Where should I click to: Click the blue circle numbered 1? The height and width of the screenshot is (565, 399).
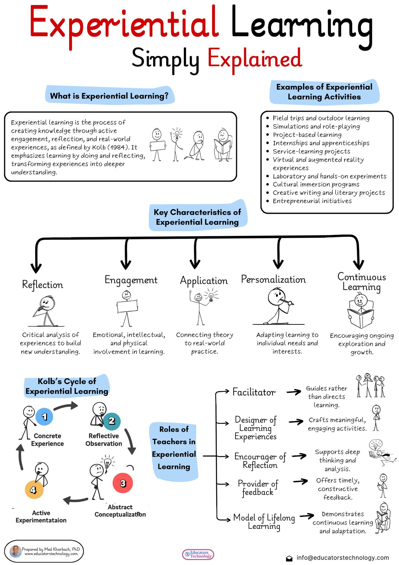[44, 417]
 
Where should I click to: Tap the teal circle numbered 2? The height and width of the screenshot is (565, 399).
[112, 421]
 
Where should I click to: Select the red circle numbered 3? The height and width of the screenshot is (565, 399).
[123, 483]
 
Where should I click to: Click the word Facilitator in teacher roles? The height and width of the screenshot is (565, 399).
[254, 392]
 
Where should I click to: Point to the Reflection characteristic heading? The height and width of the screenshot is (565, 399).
[43, 285]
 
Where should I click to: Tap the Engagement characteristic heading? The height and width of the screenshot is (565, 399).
[131, 280]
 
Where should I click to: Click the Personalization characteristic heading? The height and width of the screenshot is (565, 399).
[273, 279]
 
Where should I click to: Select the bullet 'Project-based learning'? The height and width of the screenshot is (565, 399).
[307, 135]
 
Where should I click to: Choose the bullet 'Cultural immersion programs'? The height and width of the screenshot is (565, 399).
[316, 184]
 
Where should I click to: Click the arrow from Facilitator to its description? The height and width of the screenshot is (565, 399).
[294, 392]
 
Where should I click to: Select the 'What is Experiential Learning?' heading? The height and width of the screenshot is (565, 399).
[109, 96]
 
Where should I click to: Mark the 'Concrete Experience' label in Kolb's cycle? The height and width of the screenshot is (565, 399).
[47, 439]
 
